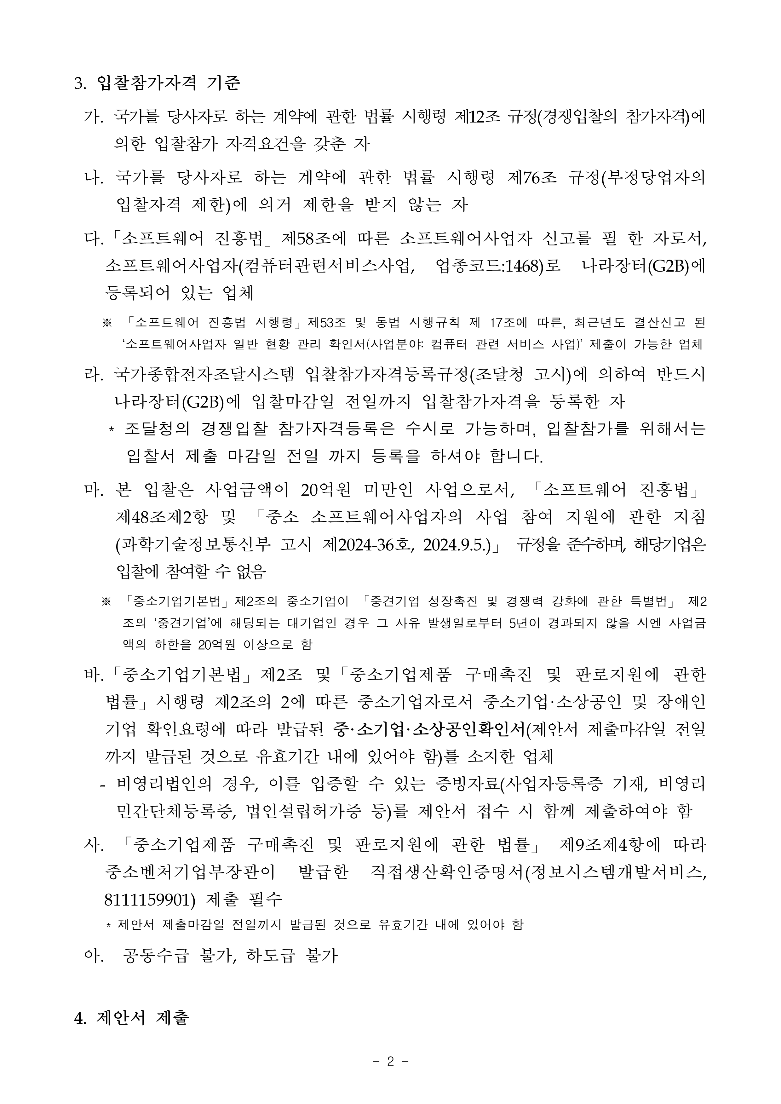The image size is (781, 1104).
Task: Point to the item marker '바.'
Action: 94,675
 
